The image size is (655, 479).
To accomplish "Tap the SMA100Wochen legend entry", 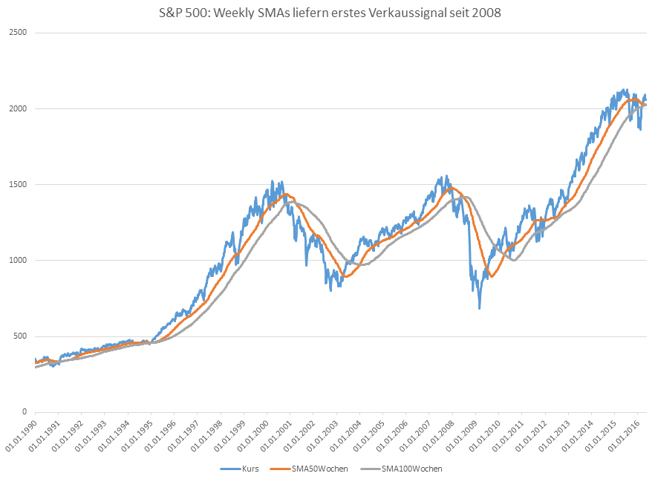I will click(408, 469).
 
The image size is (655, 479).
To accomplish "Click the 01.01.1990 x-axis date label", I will click(22, 434).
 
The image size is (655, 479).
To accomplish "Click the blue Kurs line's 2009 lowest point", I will click(479, 308).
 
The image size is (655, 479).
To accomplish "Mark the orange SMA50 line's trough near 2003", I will click(345, 276).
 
